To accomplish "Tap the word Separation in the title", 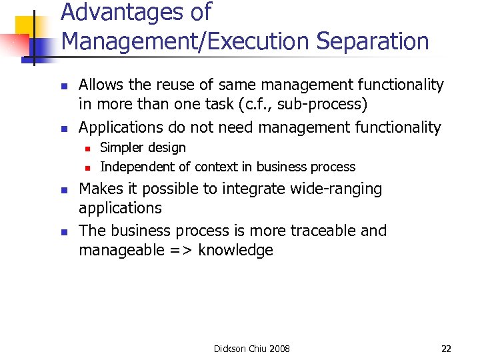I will pyautogui.click(x=373, y=41).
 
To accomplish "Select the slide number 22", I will pyautogui.click(x=446, y=349).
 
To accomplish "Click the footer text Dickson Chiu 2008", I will pyautogui.click(x=251, y=349).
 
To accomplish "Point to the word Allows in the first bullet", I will pyautogui.click(x=100, y=85).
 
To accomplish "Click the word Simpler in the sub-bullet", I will pyautogui.click(x=121, y=147).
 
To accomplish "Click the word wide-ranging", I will pyautogui.click(x=336, y=189).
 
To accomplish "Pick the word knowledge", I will pyautogui.click(x=236, y=251).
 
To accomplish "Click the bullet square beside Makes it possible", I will pyautogui.click(x=63, y=190).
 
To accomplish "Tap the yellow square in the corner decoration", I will pyautogui.click(x=27, y=27).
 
